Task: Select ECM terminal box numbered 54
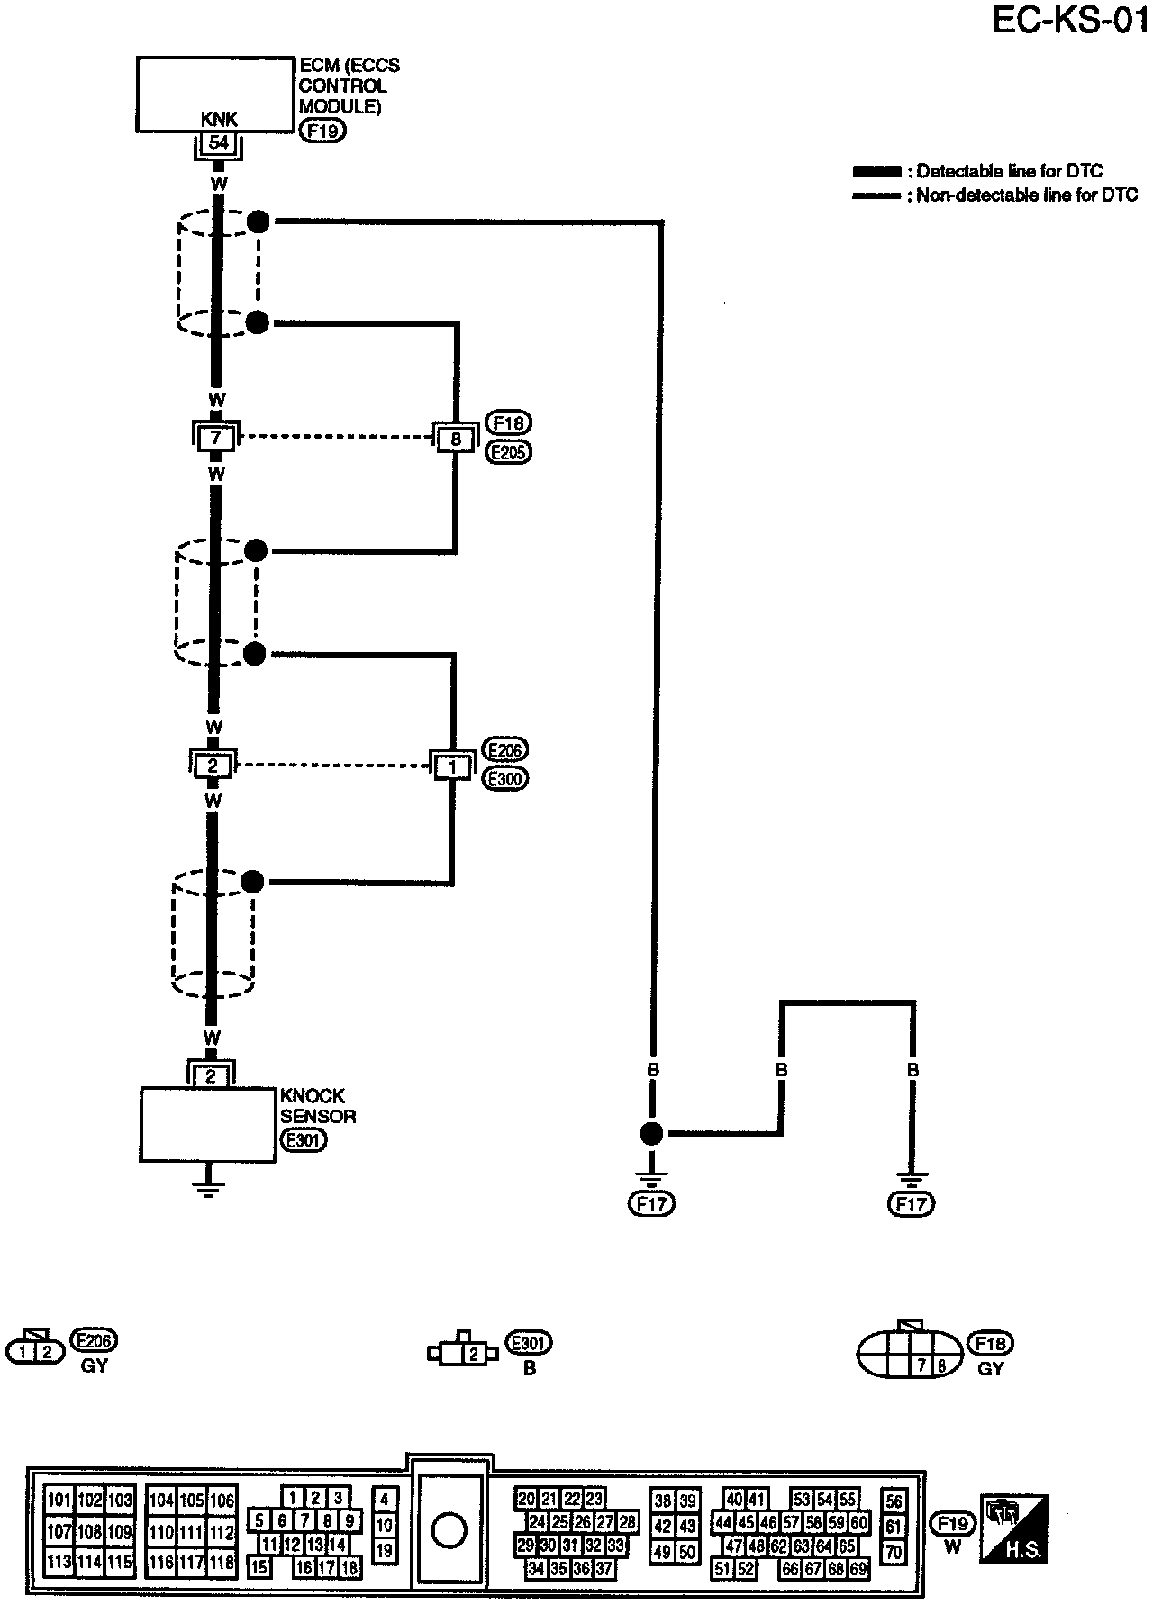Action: coord(218,142)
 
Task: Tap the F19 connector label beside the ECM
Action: coord(323,131)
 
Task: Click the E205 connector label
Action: coord(508,452)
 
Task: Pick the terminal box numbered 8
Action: coord(456,440)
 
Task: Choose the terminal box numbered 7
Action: coord(215,438)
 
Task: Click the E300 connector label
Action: coord(505,779)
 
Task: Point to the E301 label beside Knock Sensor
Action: coord(303,1139)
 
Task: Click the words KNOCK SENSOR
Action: coord(318,1106)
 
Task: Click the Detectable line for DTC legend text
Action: coord(1009,171)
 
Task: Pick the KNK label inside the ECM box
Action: coord(219,120)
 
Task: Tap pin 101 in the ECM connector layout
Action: coord(59,1501)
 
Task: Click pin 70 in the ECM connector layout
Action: coord(894,1552)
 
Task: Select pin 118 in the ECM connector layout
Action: coord(222,1563)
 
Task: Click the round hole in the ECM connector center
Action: coord(449,1529)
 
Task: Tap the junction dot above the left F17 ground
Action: coord(651,1134)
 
